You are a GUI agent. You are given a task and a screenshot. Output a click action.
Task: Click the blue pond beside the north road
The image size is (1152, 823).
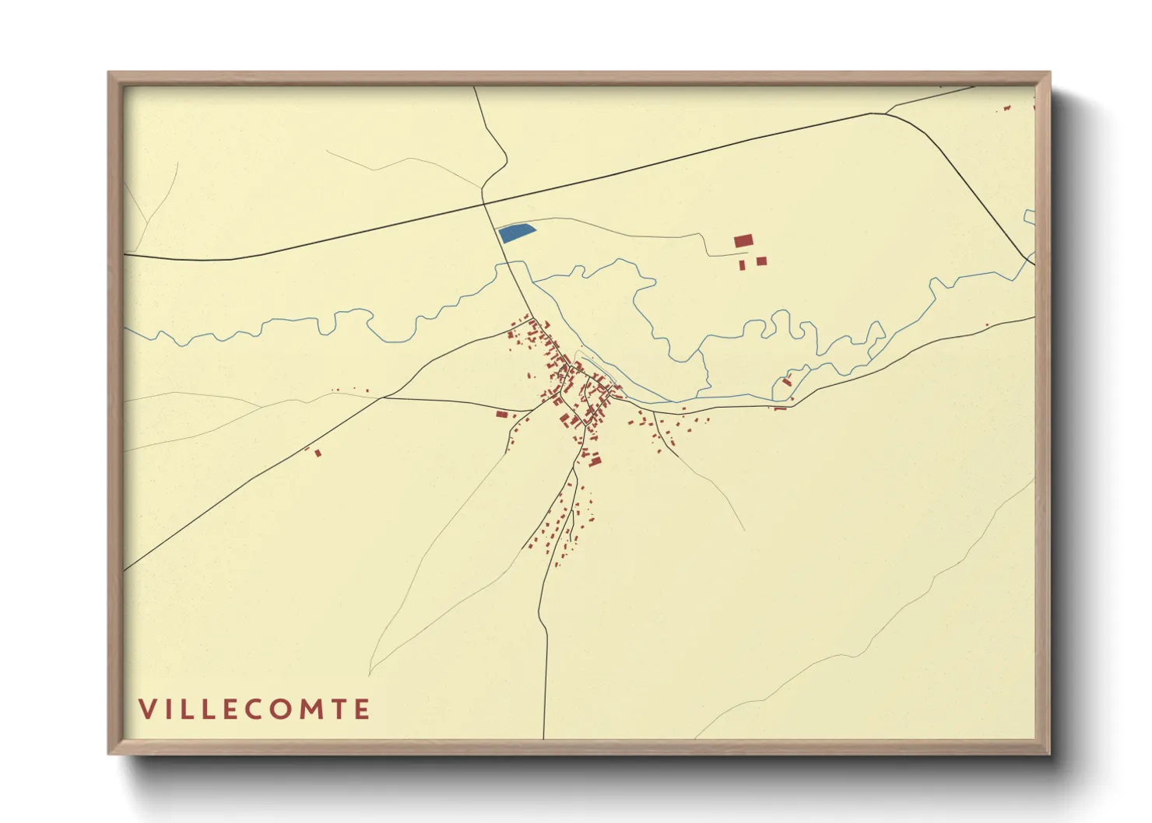[x=515, y=233]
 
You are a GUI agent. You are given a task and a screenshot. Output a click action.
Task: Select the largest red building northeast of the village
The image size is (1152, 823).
[x=743, y=241]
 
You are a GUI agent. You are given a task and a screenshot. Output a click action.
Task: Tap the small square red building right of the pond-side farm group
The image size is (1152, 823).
[x=761, y=261]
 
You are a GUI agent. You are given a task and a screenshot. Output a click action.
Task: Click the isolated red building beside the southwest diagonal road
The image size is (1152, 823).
[x=318, y=453]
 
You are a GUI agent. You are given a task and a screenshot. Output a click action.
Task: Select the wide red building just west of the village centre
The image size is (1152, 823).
[x=502, y=414]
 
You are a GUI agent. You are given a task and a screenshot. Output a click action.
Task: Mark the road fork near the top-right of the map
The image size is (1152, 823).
[x=886, y=114]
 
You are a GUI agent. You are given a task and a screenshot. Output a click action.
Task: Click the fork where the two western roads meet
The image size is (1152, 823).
[x=381, y=398]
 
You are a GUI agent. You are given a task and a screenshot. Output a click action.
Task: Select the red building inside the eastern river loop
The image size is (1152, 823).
[x=787, y=381]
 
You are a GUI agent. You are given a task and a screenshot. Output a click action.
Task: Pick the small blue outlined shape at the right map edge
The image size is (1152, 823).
[x=1029, y=217]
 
